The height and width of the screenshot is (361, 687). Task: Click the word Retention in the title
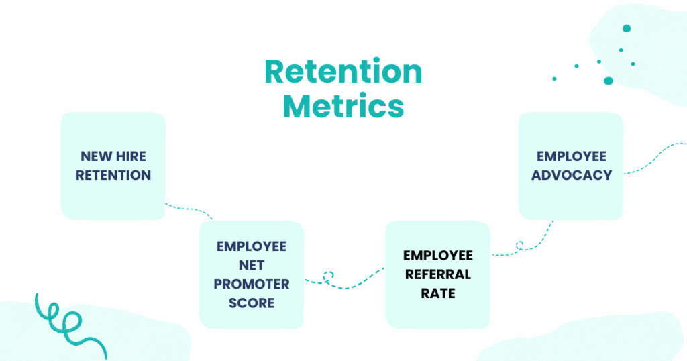click(343, 71)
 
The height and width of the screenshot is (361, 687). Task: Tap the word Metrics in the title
click(343, 106)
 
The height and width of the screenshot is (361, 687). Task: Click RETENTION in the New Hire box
click(113, 175)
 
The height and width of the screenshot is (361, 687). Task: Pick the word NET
click(252, 265)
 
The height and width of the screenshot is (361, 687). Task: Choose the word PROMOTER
click(252, 284)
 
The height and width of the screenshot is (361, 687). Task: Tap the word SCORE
click(252, 303)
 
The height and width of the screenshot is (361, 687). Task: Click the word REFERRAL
click(438, 274)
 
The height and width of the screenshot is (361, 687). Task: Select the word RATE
click(438, 293)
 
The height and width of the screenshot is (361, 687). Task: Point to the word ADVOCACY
click(572, 175)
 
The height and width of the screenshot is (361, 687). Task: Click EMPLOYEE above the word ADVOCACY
click(572, 156)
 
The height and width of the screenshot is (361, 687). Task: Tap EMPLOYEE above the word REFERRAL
click(438, 256)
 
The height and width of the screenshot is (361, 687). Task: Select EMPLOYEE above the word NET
click(252, 246)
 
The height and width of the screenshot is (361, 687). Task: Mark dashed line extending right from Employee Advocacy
click(655, 157)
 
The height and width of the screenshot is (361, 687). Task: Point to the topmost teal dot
click(627, 28)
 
